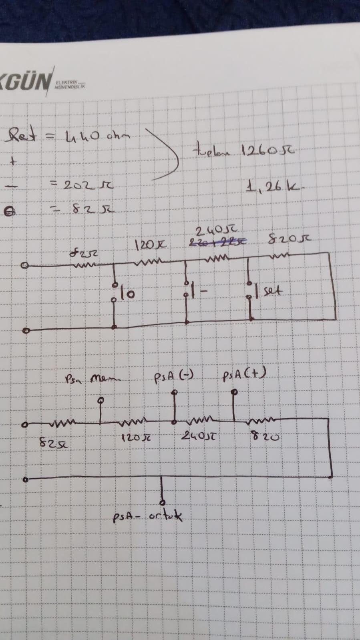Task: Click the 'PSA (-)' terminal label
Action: coord(174,377)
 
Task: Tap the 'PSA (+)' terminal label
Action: coord(244,375)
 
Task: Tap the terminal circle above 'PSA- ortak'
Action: coord(162,502)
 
